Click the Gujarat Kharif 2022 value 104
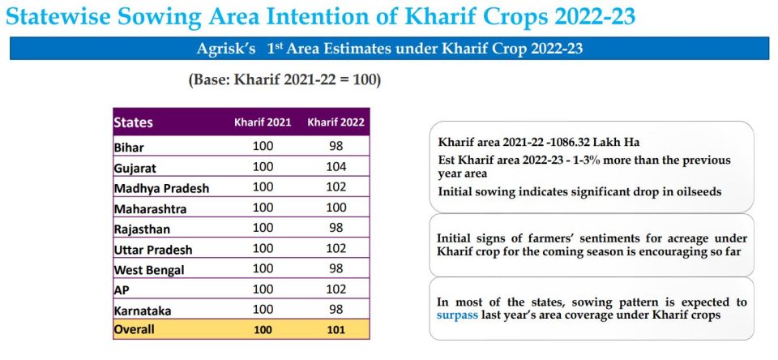click(x=336, y=167)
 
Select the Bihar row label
click(x=129, y=148)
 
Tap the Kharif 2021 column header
click(x=263, y=122)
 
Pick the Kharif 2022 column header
click(x=336, y=122)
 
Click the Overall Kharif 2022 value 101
click(x=336, y=329)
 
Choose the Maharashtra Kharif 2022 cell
click(x=336, y=207)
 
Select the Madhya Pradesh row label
click(x=162, y=189)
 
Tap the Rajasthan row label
click(x=142, y=229)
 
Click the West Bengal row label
click(x=149, y=270)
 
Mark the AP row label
click(x=122, y=290)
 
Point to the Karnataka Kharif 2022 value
click(x=336, y=309)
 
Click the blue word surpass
click(x=457, y=315)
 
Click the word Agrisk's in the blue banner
click(x=226, y=49)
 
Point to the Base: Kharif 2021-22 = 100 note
click(x=284, y=80)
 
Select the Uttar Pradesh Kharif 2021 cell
click(x=263, y=248)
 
